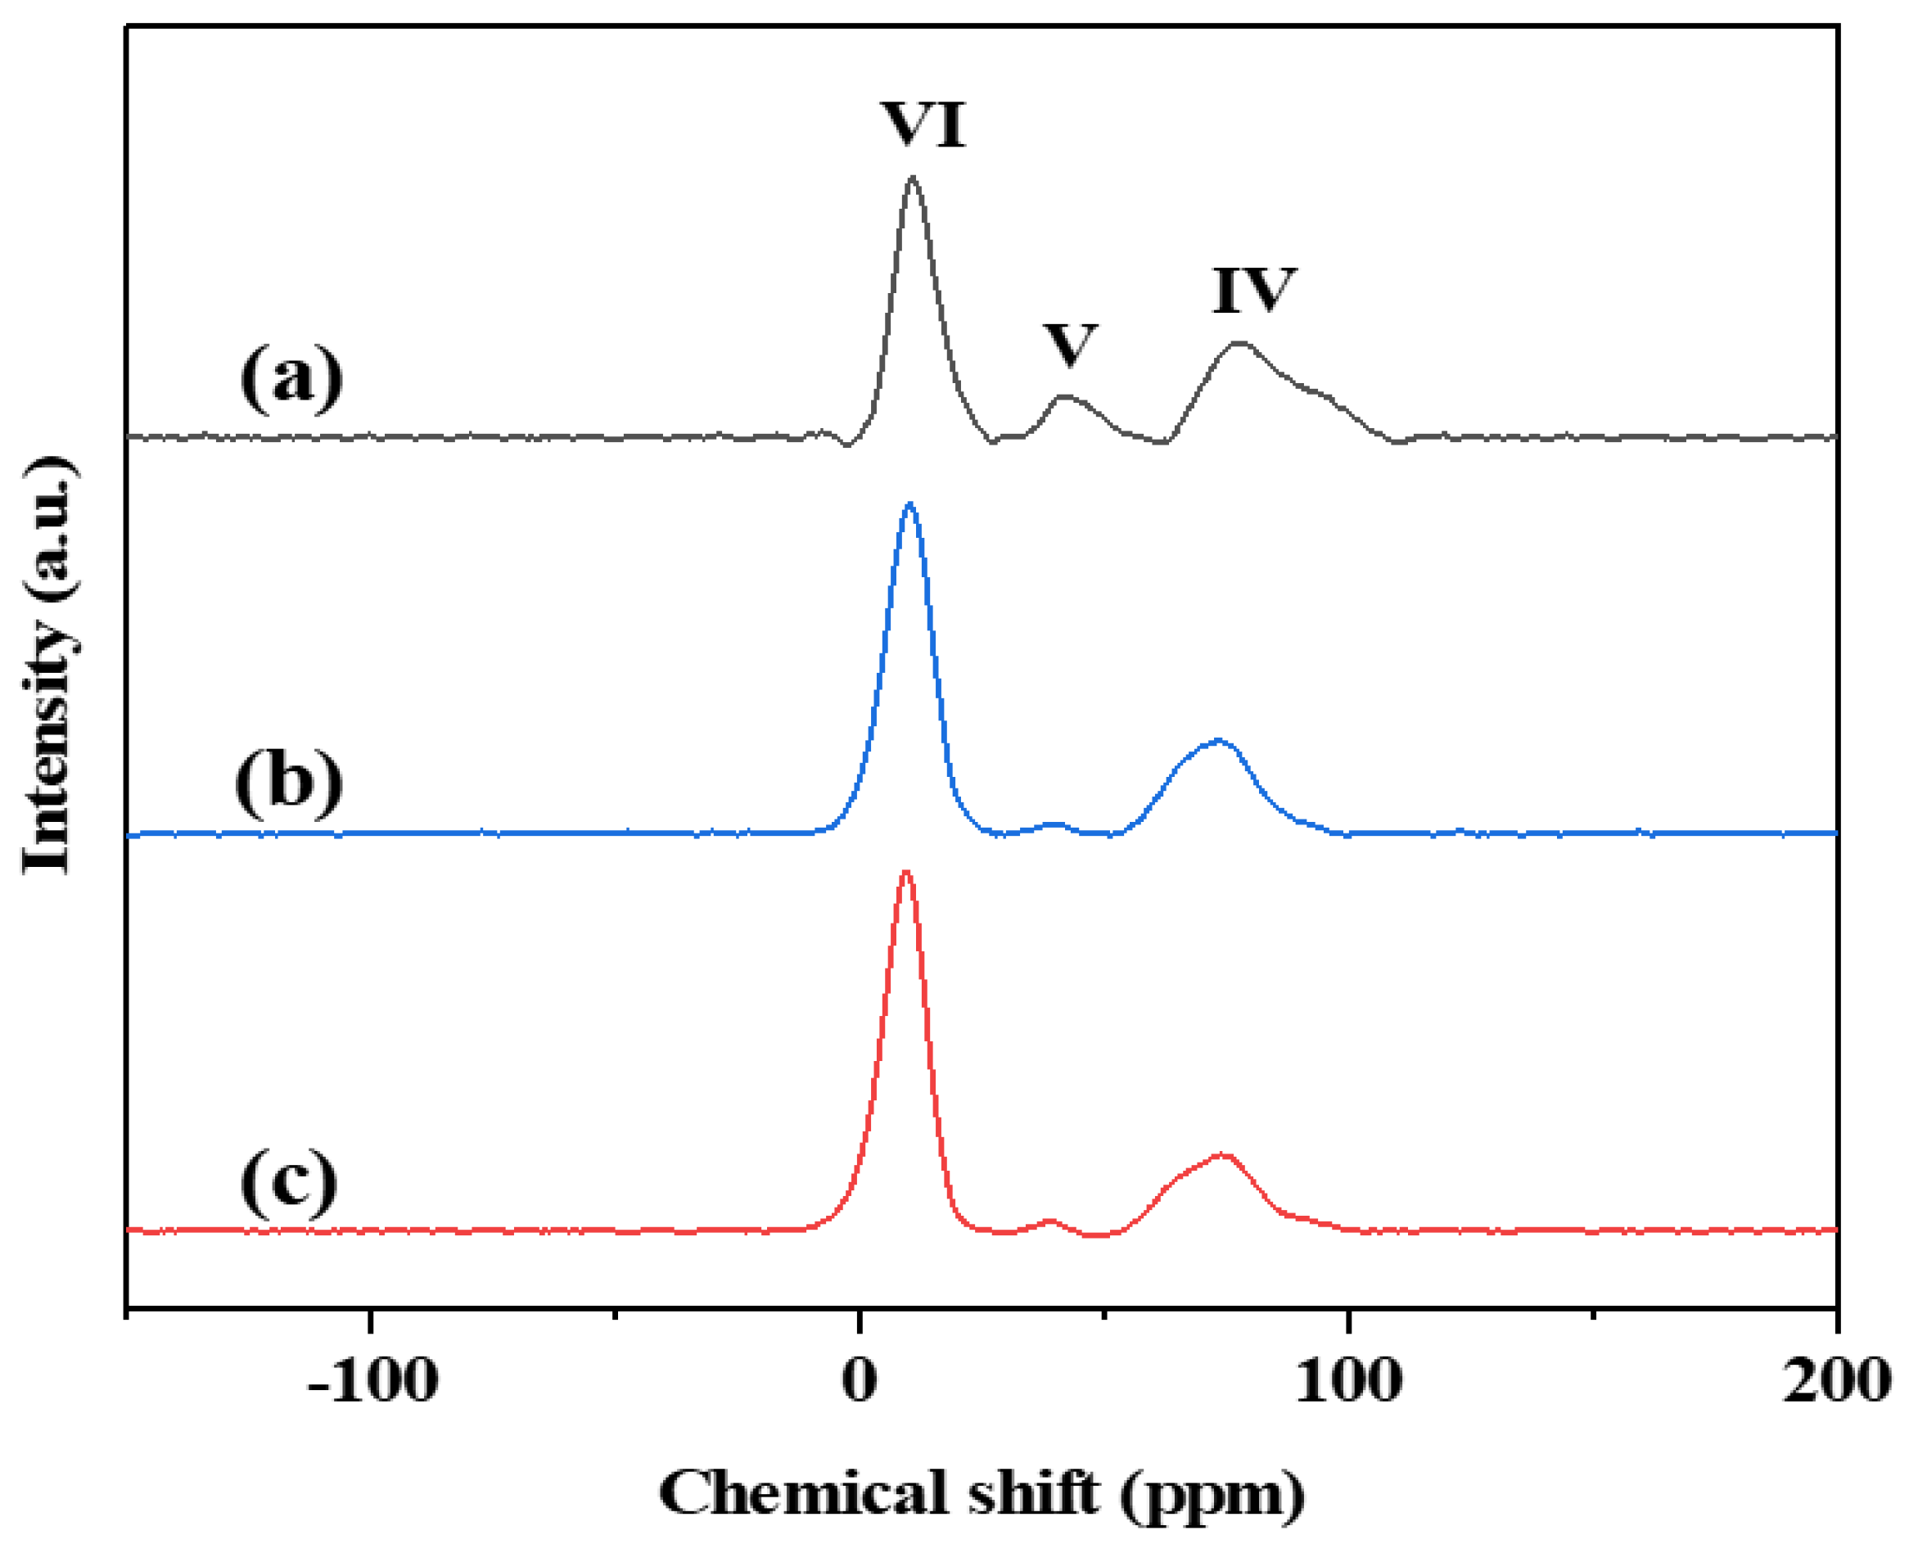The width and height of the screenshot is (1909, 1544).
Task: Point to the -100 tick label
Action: (372, 1381)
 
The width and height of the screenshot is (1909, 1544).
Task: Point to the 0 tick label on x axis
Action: (858, 1381)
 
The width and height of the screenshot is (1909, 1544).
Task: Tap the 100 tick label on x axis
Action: (1348, 1381)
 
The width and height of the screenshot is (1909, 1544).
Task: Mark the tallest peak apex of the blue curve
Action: (909, 504)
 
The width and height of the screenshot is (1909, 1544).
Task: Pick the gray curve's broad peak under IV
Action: (1238, 342)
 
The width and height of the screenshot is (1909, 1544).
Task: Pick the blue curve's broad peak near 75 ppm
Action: (1218, 740)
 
